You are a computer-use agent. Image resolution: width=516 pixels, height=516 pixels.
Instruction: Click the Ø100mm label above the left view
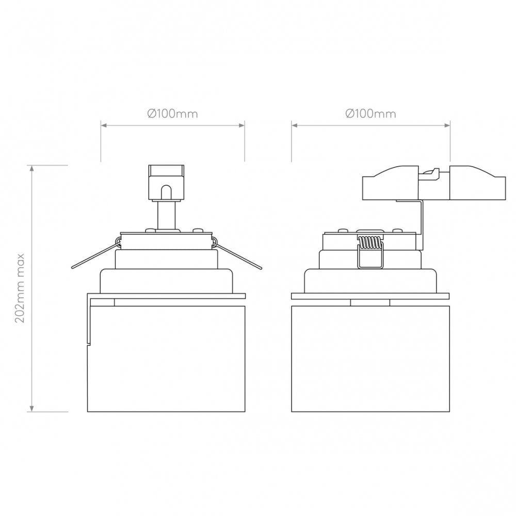[x=172, y=114]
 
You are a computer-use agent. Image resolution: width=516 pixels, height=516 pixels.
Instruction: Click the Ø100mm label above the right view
[x=371, y=114]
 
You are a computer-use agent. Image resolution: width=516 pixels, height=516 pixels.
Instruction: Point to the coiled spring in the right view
[x=369, y=243]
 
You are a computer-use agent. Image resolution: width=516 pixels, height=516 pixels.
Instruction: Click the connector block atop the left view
[x=166, y=181]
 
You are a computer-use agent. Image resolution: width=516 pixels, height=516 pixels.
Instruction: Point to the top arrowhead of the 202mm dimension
[x=33, y=168]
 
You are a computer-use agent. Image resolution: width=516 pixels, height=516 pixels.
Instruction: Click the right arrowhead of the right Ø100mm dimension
[x=448, y=124]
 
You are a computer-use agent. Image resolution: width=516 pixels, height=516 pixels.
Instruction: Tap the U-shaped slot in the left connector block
[x=166, y=192]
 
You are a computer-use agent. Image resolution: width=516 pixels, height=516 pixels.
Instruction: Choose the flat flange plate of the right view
[x=370, y=296]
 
